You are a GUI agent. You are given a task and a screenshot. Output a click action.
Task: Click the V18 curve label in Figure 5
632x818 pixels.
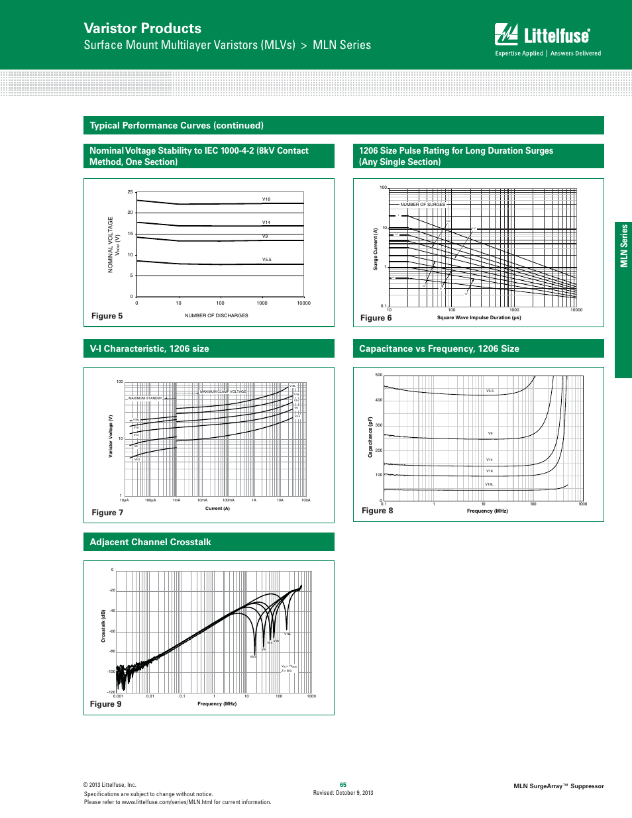266,199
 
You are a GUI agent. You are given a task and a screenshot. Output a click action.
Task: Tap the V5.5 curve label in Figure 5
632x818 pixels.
266,260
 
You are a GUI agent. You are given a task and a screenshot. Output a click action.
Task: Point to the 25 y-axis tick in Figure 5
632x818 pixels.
131,192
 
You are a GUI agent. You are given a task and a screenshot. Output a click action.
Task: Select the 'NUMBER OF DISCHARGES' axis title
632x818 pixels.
216,315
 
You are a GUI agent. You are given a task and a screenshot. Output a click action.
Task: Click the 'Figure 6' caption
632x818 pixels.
376,318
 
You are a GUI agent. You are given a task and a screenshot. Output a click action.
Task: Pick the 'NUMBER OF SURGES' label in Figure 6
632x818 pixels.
423,205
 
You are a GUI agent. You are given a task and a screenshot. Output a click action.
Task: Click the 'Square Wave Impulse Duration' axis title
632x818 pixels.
479,317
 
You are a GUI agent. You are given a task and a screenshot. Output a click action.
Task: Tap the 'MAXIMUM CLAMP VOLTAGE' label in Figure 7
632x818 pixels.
223,391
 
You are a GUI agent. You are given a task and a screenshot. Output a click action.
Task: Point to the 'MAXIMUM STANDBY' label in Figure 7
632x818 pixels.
145,398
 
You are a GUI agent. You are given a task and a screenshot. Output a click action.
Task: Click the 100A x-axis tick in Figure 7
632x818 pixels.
306,500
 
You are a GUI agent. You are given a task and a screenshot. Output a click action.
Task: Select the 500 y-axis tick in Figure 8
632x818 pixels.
379,375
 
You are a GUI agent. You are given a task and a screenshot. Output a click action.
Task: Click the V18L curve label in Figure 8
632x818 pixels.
489,484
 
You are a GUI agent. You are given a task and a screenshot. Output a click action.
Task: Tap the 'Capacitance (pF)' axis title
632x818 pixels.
370,437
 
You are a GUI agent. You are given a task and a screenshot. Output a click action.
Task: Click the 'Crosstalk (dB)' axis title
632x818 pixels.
103,626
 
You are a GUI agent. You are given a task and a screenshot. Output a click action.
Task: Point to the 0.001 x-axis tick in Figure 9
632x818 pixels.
118,696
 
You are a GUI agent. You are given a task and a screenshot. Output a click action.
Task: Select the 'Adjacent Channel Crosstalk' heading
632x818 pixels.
150,542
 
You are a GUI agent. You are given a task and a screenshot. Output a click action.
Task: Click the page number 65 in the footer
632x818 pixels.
343,785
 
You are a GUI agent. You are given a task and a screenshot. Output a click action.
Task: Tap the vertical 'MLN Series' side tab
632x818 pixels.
623,246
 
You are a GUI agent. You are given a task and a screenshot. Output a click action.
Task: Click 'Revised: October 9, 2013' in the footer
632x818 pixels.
343,793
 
